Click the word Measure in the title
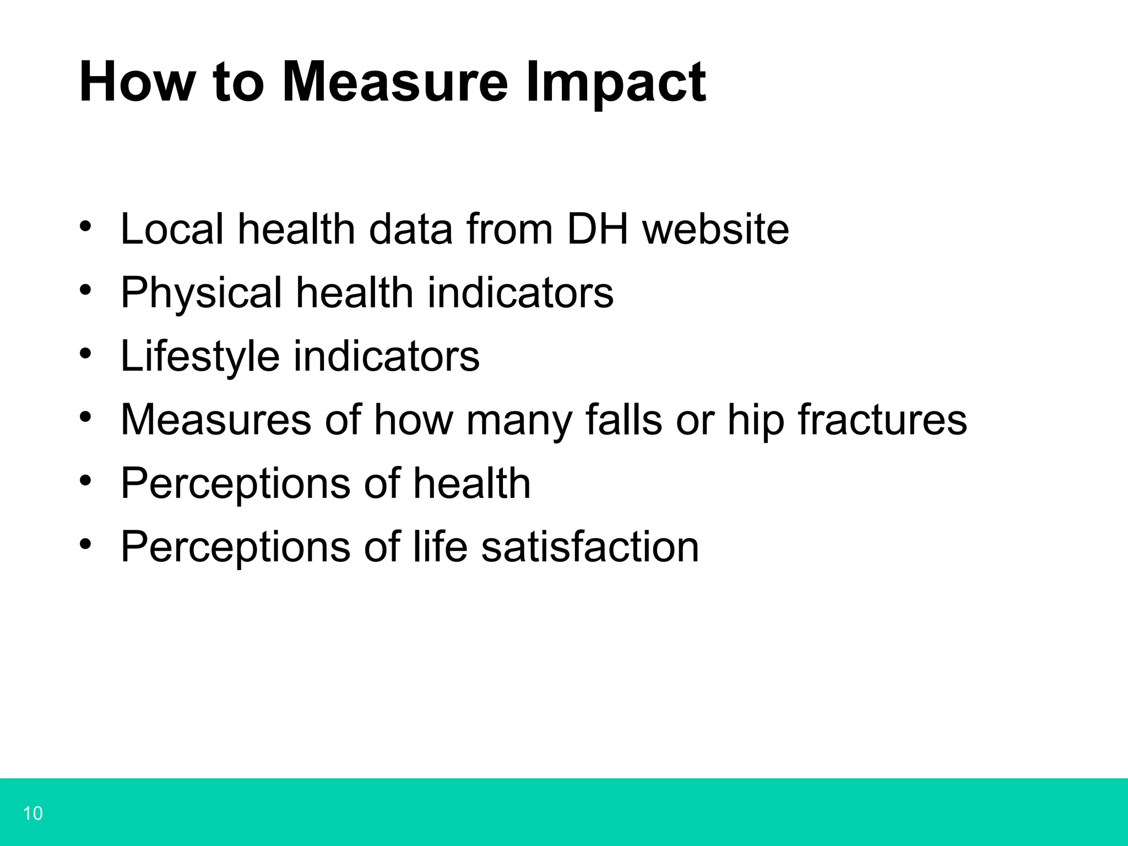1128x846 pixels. coord(394,83)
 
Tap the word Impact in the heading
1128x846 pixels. coord(615,83)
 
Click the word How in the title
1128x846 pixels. coord(137,83)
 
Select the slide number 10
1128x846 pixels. coord(33,813)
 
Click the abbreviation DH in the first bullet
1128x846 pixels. coord(597,229)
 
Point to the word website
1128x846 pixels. coord(716,229)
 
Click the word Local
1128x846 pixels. coord(172,229)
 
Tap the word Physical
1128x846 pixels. coord(201,293)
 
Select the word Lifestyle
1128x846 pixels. coord(200,357)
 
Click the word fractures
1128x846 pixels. coord(882,420)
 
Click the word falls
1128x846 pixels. coord(623,420)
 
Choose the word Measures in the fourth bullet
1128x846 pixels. coord(216,420)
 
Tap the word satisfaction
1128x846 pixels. coord(590,547)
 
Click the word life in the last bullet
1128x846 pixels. coord(440,547)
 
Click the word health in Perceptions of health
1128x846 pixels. coord(471,484)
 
